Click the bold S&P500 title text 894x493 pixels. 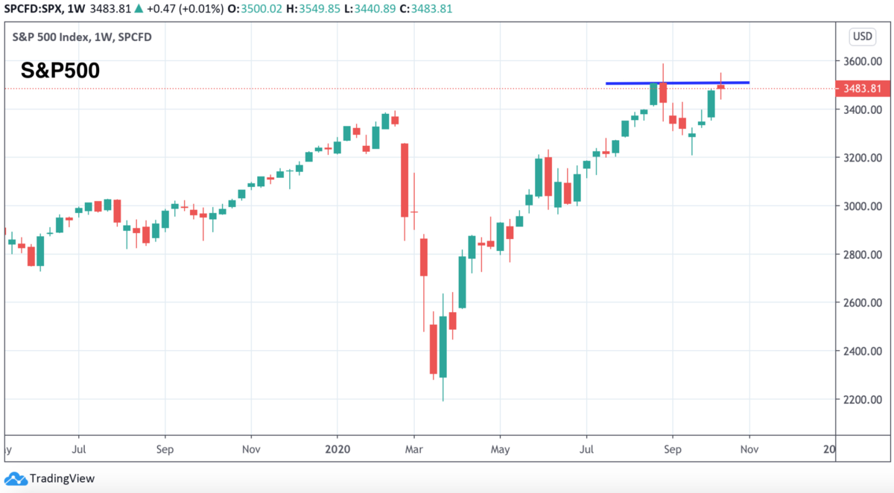pyautogui.click(x=60, y=71)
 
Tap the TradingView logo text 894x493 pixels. pyautogui.click(x=61, y=479)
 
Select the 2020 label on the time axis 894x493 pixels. pyautogui.click(x=337, y=449)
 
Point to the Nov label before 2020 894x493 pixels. pyautogui.click(x=251, y=449)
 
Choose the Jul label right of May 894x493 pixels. pyautogui.click(x=586, y=449)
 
